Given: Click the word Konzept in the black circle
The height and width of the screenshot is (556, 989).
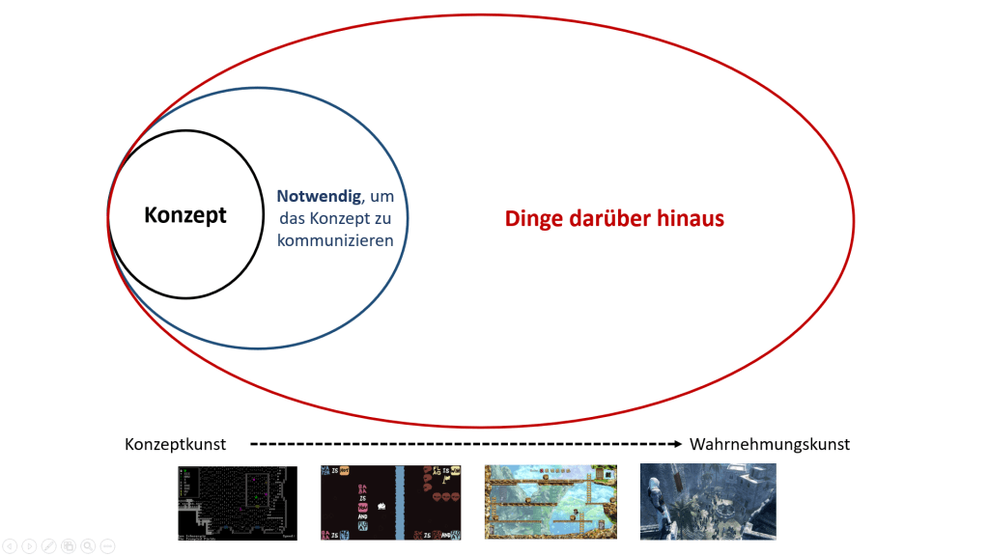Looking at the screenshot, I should [x=185, y=214].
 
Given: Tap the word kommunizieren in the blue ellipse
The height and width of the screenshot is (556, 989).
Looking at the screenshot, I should [x=335, y=240].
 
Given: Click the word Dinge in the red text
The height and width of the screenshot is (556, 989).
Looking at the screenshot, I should [x=534, y=219].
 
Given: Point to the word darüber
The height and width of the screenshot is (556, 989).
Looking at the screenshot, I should [x=613, y=219].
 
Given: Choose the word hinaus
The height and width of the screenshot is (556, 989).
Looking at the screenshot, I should [x=692, y=219].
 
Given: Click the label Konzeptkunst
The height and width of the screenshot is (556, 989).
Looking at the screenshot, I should [x=175, y=444].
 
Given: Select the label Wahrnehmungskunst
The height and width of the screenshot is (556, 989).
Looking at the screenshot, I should [x=770, y=444].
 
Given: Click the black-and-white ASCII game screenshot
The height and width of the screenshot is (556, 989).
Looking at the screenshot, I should [x=238, y=501].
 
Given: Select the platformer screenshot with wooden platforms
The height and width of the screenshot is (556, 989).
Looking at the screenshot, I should [x=551, y=501].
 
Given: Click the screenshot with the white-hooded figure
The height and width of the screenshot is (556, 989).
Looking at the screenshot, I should [x=707, y=501].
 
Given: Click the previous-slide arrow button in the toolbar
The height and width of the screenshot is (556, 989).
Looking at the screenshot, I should [x=9, y=545].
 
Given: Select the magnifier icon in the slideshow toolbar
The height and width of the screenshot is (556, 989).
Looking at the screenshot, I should [x=87, y=545].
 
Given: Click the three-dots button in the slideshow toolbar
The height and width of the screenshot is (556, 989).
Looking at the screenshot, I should [x=107, y=545].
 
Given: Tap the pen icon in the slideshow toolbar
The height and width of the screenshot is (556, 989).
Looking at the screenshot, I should [x=47, y=545].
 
